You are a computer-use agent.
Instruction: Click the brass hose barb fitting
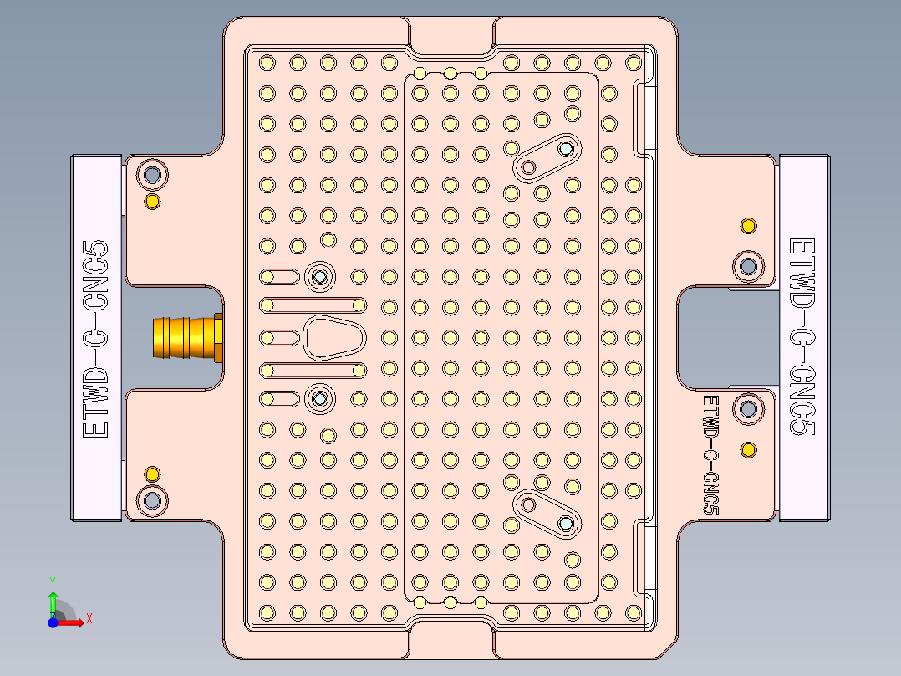click(186, 337)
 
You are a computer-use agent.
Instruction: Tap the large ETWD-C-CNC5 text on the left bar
click(97, 338)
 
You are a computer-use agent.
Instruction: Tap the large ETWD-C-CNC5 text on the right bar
click(802, 336)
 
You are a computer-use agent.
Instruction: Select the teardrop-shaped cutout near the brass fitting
click(333, 338)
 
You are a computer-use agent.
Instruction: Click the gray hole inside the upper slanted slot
click(566, 149)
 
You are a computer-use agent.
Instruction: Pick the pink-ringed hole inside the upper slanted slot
click(528, 167)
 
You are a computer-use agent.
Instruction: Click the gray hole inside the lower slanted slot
click(566, 523)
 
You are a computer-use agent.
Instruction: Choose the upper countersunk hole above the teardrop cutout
click(319, 276)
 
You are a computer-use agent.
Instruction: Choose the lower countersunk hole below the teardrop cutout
click(319, 399)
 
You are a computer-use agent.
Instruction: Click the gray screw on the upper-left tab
click(152, 175)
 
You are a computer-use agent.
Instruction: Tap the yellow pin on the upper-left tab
click(152, 202)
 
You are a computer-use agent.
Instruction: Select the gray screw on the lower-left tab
click(152, 500)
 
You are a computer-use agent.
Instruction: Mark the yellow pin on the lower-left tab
click(152, 474)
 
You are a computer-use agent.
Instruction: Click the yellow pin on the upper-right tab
click(749, 226)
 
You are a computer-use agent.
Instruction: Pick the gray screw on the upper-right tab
click(748, 266)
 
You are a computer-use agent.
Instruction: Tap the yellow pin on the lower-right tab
click(749, 450)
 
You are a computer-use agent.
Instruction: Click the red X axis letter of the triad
click(89, 618)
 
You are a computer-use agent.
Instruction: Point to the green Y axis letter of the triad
click(52, 581)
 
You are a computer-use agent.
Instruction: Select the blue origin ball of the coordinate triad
click(53, 622)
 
